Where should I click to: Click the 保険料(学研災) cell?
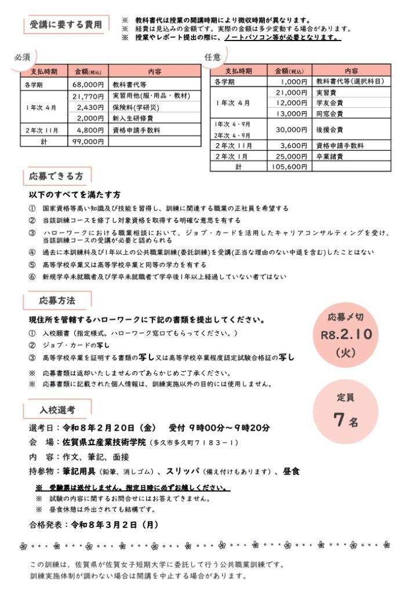click(x=137, y=107)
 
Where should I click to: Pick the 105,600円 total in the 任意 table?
click(x=289, y=167)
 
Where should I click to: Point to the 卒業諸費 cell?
click(x=329, y=156)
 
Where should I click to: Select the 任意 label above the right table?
click(x=213, y=57)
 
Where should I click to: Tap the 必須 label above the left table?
click(x=22, y=57)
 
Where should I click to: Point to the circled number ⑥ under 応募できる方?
click(x=32, y=276)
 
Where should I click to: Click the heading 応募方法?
click(x=57, y=301)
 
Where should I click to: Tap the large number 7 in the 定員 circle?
click(x=339, y=420)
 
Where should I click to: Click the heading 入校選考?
click(x=57, y=409)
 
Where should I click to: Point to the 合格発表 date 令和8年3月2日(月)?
click(x=114, y=525)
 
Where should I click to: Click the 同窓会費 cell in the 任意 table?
click(x=329, y=114)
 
